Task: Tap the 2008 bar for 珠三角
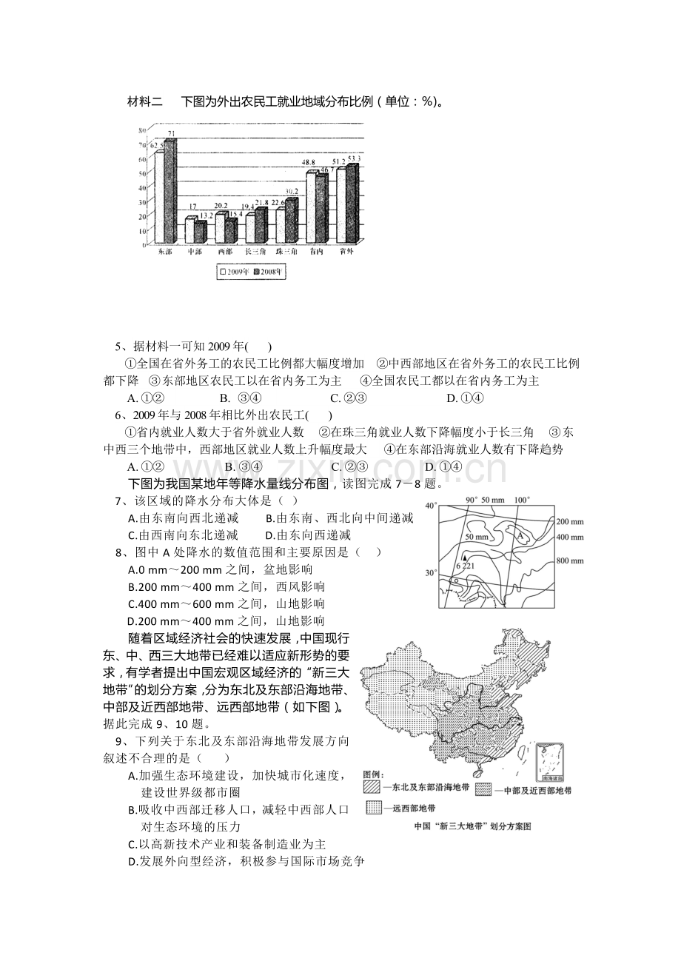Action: [x=290, y=221]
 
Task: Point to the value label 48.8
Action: [x=309, y=162]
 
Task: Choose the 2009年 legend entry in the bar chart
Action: [x=233, y=272]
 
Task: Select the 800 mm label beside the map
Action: [x=569, y=560]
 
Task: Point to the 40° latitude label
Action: [x=431, y=506]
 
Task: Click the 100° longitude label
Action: [x=523, y=499]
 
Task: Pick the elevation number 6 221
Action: [x=466, y=566]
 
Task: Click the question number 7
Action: [x=118, y=502]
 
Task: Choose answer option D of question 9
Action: [x=132, y=861]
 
